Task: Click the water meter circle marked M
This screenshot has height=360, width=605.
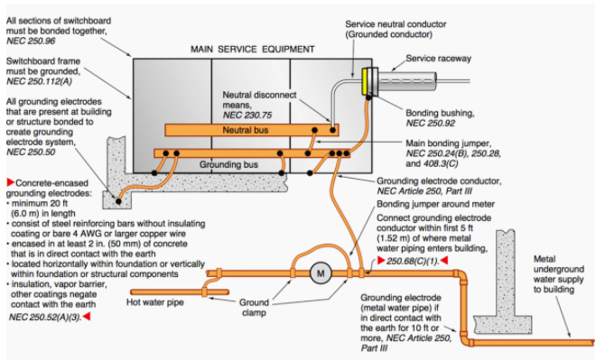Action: click(x=321, y=273)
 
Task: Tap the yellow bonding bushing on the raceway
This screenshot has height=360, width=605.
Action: click(x=364, y=81)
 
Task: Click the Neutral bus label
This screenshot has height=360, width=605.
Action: click(x=245, y=130)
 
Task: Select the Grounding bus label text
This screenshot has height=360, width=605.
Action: click(x=228, y=164)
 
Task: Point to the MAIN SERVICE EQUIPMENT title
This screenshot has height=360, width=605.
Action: click(x=253, y=50)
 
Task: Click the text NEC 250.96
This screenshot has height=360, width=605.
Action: click(x=31, y=42)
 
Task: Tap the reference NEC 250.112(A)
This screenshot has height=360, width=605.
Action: click(x=39, y=81)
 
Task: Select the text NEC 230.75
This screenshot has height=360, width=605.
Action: click(x=247, y=115)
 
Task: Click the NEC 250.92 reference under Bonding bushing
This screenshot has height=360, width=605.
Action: click(x=430, y=124)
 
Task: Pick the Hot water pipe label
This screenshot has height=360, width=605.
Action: click(x=155, y=302)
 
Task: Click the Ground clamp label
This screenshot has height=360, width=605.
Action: click(x=254, y=307)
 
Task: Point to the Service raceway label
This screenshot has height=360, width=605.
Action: click(x=438, y=59)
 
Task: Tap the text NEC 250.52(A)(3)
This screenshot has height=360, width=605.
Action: click(x=45, y=318)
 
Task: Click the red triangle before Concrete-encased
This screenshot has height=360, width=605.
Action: click(x=11, y=182)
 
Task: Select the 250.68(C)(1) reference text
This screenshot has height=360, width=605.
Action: click(x=413, y=261)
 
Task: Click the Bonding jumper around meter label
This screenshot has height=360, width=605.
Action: click(x=435, y=204)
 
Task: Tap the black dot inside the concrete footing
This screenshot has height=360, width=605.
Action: click(x=118, y=201)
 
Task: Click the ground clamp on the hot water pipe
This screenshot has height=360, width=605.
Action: click(x=204, y=291)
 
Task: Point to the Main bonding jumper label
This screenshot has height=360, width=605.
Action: click(x=449, y=143)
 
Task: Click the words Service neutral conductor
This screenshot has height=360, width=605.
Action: click(x=396, y=24)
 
